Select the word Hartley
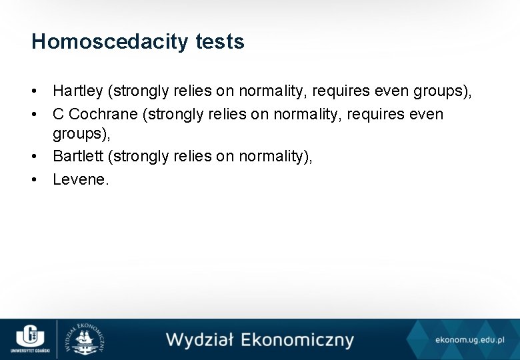[x=78, y=91]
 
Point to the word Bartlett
[x=78, y=157]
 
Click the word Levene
[x=79, y=179]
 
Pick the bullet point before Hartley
[x=34, y=91]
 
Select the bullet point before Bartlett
[x=34, y=157]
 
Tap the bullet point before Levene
[x=34, y=179]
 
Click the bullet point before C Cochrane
[x=34, y=114]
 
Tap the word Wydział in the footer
[x=200, y=339]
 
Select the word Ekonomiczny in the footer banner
[x=297, y=340]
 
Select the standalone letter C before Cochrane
[x=58, y=114]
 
